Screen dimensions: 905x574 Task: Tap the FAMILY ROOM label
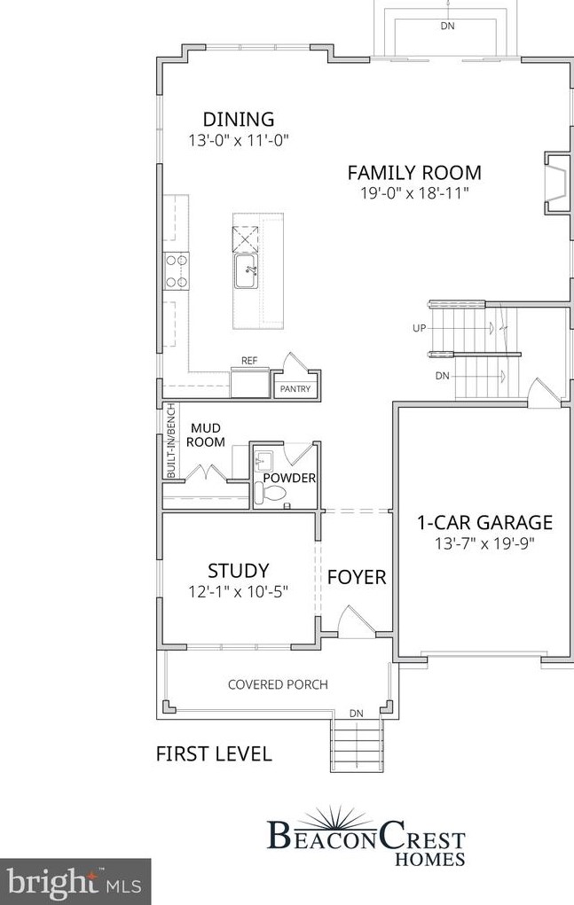413,173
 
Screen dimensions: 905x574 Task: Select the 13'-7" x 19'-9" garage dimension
484,542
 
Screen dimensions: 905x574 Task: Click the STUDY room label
238,571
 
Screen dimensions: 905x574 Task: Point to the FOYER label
357,578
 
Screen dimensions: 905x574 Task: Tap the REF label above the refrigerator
249,362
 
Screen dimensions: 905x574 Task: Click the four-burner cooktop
177,270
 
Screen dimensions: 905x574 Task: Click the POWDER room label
289,479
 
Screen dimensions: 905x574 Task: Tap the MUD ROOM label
208,435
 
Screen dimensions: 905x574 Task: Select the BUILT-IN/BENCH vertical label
171,441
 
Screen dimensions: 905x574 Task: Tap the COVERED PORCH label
278,684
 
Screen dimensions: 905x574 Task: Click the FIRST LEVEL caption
213,754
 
